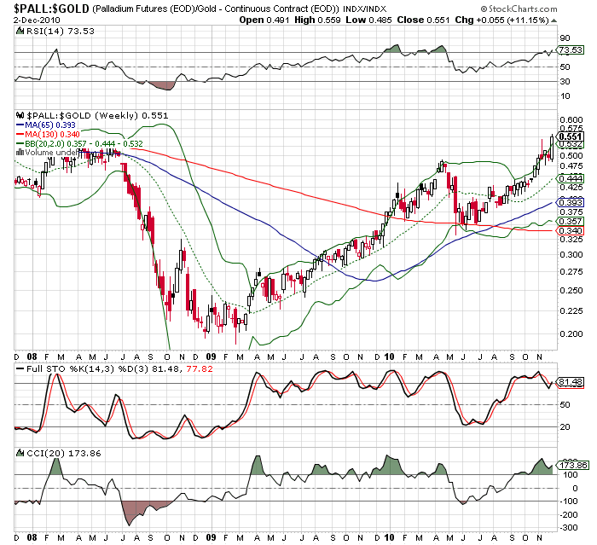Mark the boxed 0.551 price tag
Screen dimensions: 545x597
click(569, 136)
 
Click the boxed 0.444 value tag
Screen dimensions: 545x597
click(569, 177)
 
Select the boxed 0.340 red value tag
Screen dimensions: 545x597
click(569, 230)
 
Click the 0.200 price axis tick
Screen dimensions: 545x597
click(570, 333)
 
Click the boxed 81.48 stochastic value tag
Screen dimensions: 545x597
click(569, 381)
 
